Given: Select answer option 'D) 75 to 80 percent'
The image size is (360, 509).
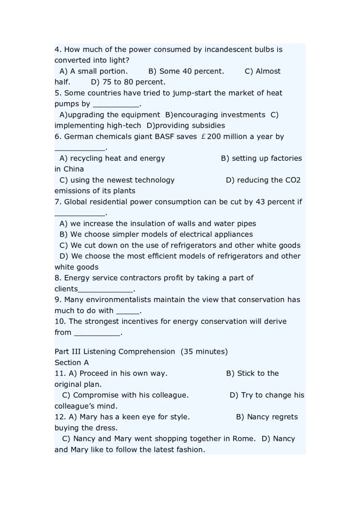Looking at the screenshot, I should click(x=128, y=82).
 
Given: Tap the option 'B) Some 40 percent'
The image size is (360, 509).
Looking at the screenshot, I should click(x=186, y=71).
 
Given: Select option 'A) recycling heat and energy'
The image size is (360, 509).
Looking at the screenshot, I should click(x=112, y=158).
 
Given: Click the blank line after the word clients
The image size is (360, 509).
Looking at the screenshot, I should click(x=106, y=289).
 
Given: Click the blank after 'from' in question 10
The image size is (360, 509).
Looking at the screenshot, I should click(x=97, y=333).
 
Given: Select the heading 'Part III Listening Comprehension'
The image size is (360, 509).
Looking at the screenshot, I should click(x=115, y=352).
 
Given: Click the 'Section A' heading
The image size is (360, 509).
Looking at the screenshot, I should click(x=72, y=362).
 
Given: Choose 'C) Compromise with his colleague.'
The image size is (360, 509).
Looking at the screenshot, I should click(x=125, y=395).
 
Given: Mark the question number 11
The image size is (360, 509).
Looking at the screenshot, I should click(x=60, y=374).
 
